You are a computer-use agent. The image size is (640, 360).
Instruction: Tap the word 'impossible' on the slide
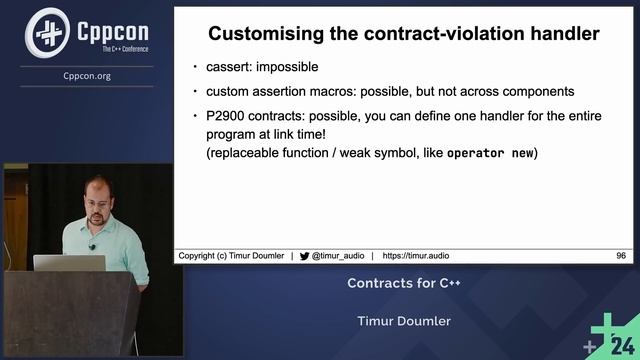[293, 67]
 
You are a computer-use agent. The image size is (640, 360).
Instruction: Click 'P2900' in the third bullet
[232, 117]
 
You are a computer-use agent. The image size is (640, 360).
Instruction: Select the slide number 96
[621, 256]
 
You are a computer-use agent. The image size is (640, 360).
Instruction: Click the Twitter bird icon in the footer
[304, 256]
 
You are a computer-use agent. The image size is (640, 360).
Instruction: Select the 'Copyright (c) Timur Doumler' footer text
[231, 256]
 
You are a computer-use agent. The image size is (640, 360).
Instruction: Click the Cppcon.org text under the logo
[86, 75]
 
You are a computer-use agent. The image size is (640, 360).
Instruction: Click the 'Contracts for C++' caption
[403, 283]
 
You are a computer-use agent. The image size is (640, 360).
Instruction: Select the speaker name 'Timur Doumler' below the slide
[403, 321]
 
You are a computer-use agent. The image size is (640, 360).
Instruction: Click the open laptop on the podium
[69, 263]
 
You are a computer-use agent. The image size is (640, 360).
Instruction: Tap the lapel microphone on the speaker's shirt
[92, 247]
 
